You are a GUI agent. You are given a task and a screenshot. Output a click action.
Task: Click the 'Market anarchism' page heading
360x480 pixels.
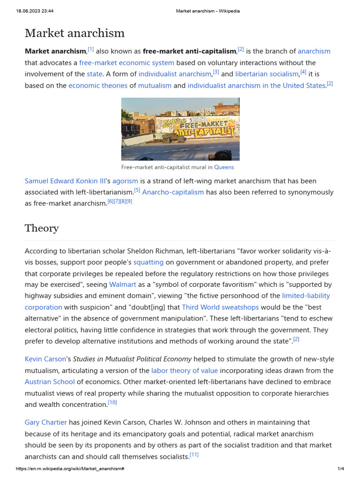point(75,33)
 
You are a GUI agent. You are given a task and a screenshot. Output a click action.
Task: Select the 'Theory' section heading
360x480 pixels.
point(42,228)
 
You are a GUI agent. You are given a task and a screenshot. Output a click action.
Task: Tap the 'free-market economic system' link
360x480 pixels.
point(127,63)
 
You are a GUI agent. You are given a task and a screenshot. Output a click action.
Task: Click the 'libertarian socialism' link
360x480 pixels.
point(267,74)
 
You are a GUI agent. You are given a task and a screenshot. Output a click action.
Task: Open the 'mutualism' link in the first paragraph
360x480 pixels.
point(155,86)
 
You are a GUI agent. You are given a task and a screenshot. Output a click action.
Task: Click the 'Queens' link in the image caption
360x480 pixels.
point(224,167)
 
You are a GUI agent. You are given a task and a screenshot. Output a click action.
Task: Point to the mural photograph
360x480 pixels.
point(180,129)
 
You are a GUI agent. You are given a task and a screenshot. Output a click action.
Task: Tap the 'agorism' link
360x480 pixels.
point(125,181)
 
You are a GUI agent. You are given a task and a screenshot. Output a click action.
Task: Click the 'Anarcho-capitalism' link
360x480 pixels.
point(173,192)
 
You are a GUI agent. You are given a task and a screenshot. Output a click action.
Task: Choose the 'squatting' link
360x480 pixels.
point(149,262)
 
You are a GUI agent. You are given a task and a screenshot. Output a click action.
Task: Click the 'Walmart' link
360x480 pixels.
point(123,285)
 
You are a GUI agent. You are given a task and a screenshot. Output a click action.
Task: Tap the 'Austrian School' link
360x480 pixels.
point(50,382)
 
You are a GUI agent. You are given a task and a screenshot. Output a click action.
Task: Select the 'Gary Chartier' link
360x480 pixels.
point(46,423)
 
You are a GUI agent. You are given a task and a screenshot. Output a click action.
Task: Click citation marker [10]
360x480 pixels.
point(112,403)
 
